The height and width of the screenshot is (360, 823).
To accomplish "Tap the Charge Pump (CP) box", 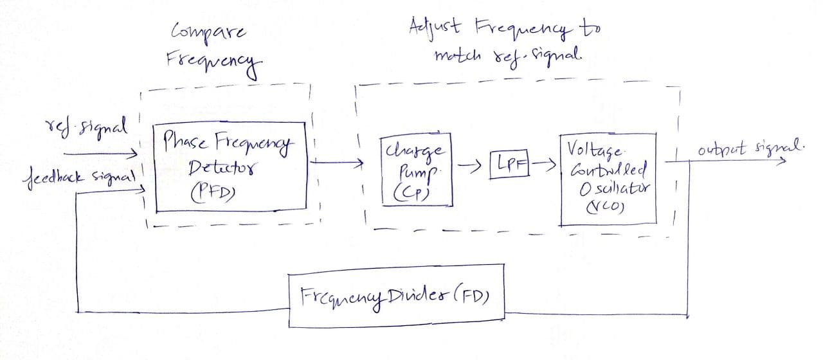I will coord(417,170).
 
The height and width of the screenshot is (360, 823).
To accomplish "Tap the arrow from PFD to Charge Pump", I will coord(334,163).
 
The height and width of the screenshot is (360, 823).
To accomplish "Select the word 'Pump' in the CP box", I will coord(419,172).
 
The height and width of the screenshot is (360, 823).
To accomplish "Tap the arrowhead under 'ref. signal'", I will coord(133,154).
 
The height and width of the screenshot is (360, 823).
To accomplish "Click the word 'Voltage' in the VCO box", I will coord(595,150).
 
